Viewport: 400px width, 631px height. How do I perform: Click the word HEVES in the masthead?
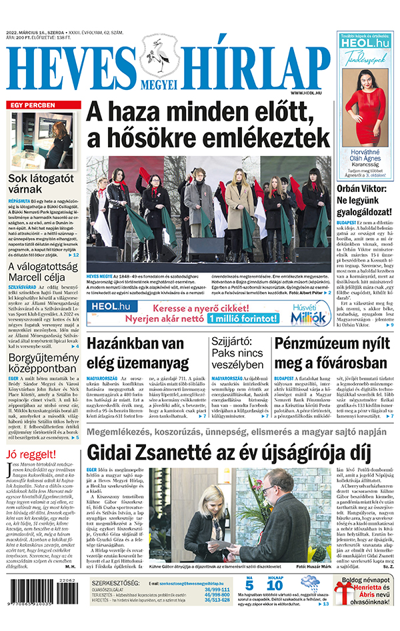(x=70, y=69)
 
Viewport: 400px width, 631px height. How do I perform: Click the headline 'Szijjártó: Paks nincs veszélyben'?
(x=237, y=354)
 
